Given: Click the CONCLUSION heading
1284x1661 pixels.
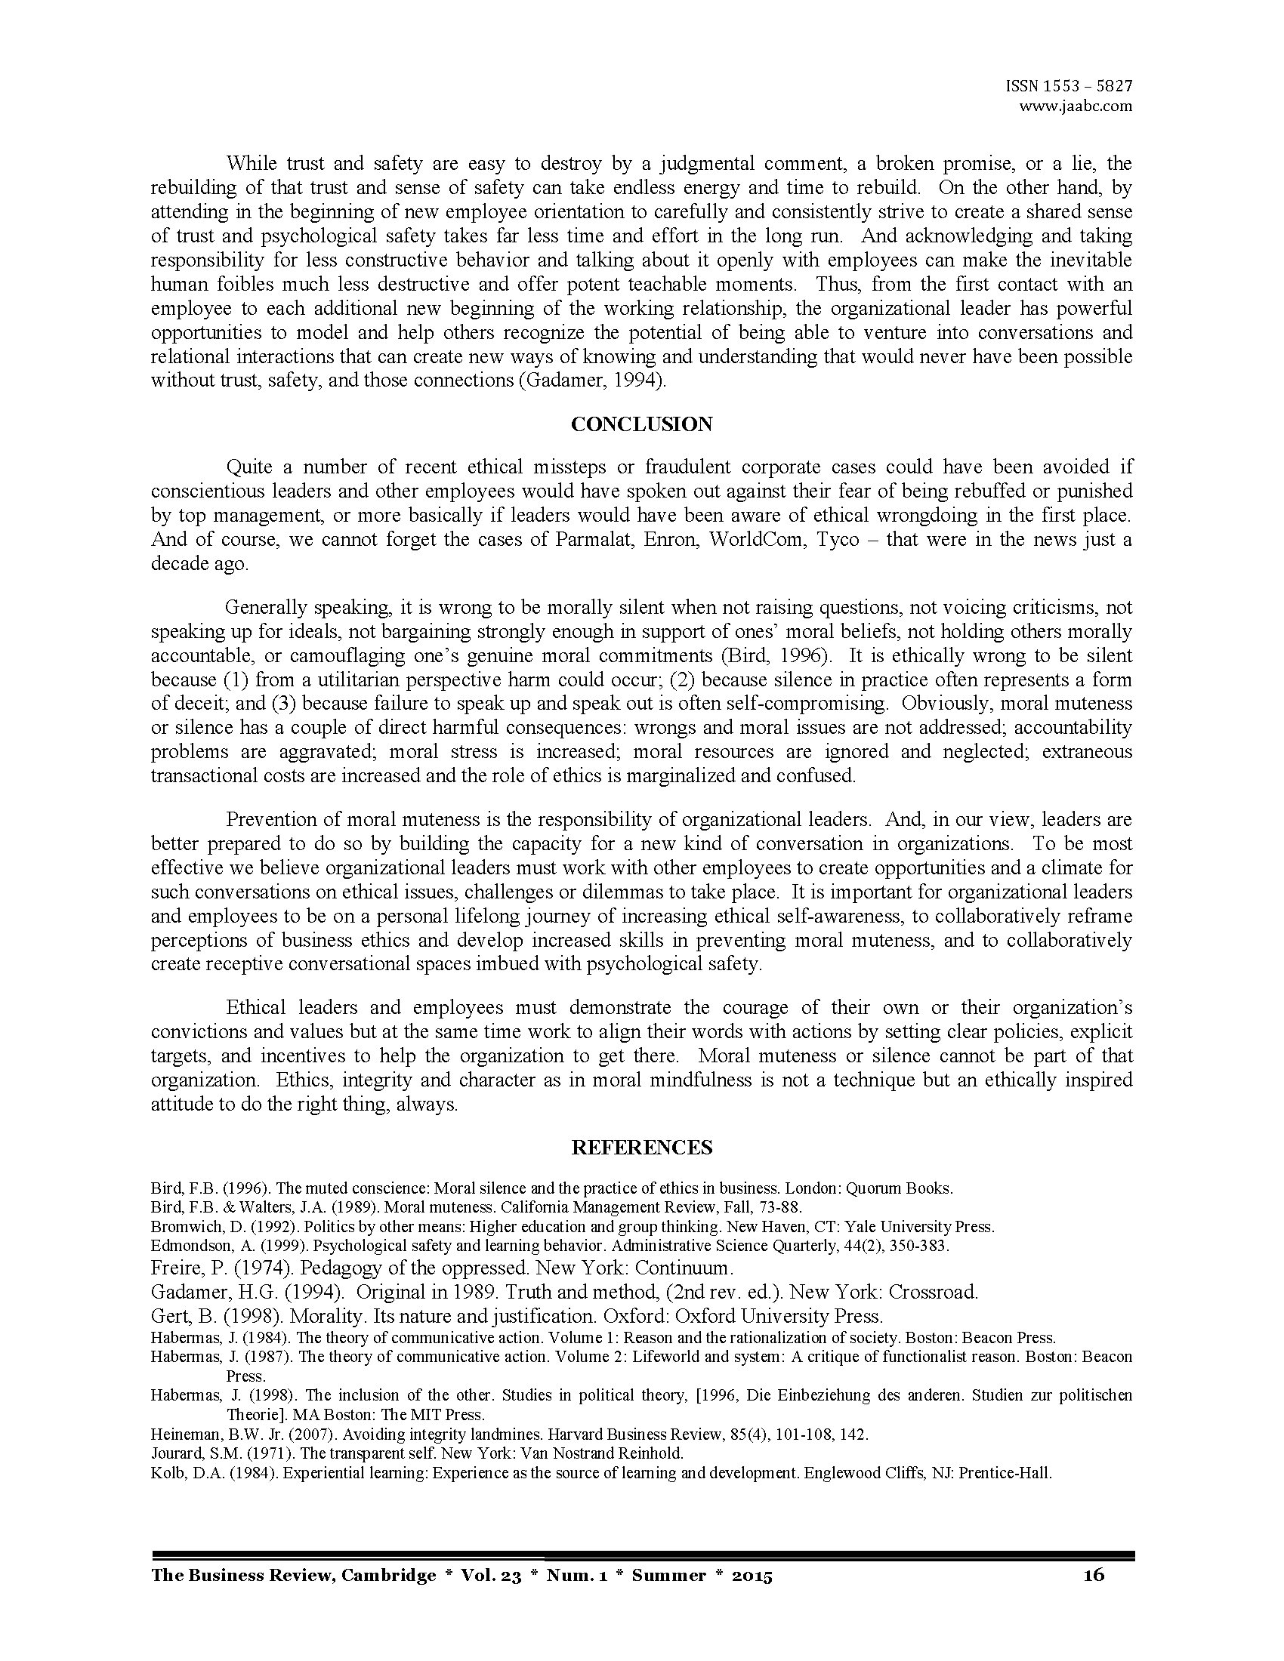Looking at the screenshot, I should [641, 424].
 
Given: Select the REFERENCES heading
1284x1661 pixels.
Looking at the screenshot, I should [641, 1148].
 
